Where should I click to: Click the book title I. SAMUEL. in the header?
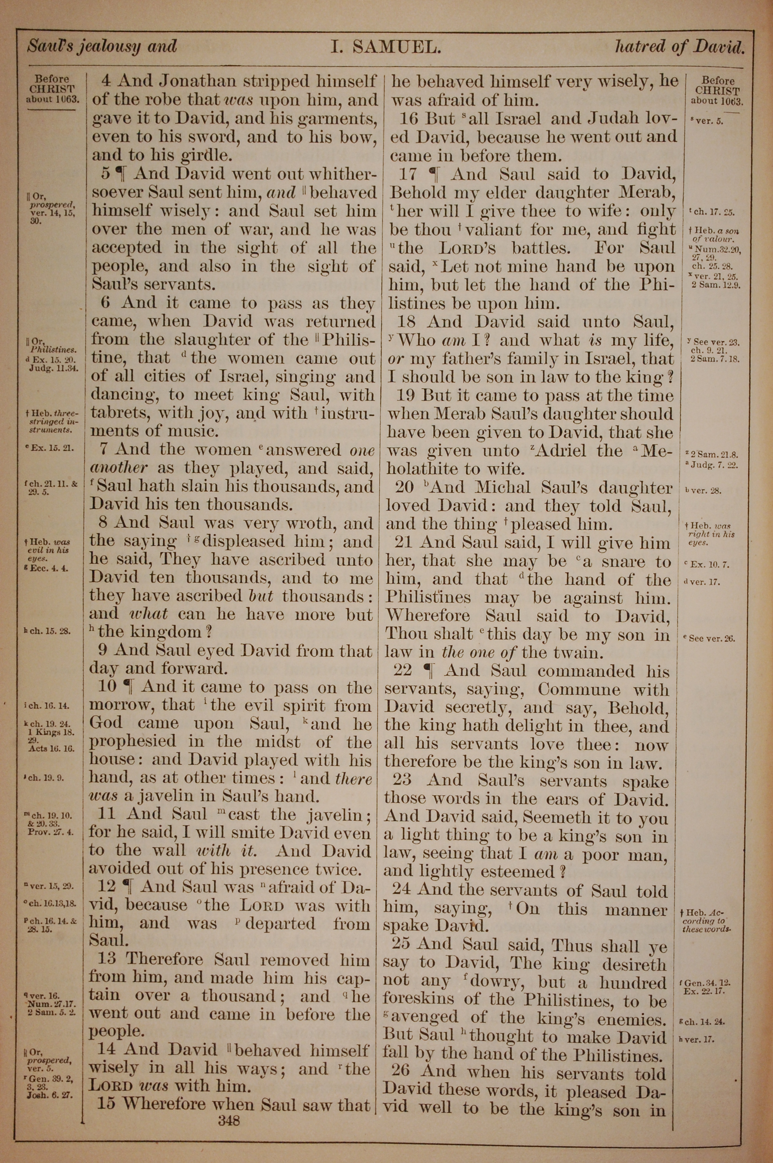(x=385, y=47)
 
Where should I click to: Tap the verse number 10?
(x=107, y=686)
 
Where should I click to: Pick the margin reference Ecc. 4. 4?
(x=48, y=568)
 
